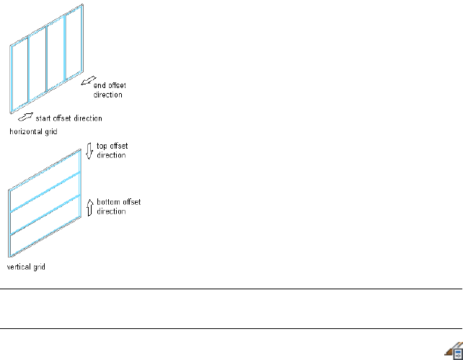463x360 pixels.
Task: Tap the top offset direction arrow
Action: coord(89,151)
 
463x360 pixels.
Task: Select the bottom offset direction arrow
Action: coord(89,208)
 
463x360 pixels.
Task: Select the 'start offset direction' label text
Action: coord(69,118)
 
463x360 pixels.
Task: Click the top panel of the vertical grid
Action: coord(45,174)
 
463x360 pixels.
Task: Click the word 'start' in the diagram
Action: coord(44,118)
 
